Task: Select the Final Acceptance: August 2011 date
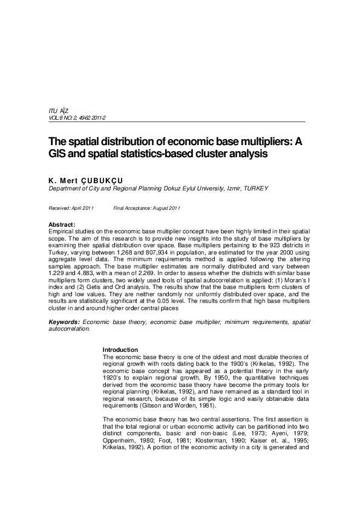tap(147, 208)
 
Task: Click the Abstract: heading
tap(62, 225)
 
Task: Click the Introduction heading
tap(120, 350)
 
